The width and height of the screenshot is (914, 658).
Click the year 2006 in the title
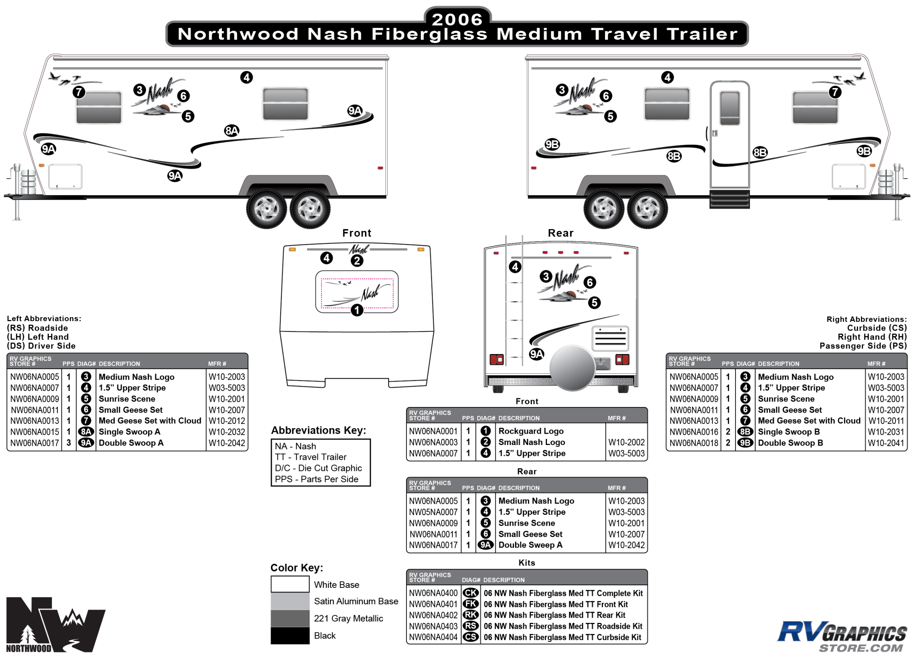457,19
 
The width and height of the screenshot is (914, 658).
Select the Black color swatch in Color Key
290,635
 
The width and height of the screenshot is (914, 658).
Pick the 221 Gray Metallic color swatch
290,618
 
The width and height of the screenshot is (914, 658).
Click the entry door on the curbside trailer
729,134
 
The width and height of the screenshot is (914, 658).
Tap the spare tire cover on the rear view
572,368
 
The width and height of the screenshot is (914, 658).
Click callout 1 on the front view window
357,310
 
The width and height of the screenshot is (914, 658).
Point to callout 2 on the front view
357,260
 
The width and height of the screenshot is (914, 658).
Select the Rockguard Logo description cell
531,431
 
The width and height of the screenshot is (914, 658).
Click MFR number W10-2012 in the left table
226,421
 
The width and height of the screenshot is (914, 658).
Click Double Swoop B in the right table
790,442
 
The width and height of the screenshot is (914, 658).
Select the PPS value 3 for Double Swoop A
68,442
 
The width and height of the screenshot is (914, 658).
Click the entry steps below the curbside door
729,199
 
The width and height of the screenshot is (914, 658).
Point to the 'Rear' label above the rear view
560,233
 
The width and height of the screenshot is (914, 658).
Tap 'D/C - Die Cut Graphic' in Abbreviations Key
318,468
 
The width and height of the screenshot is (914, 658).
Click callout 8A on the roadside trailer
232,130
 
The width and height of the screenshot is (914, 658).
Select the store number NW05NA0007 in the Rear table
433,512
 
